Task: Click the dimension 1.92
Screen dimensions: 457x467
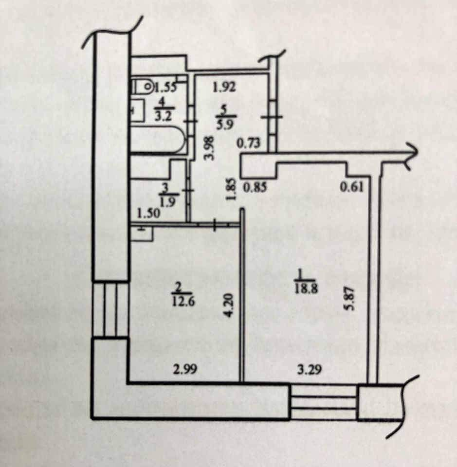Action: coord(225,88)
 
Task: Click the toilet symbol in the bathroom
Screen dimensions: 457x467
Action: coord(143,88)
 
